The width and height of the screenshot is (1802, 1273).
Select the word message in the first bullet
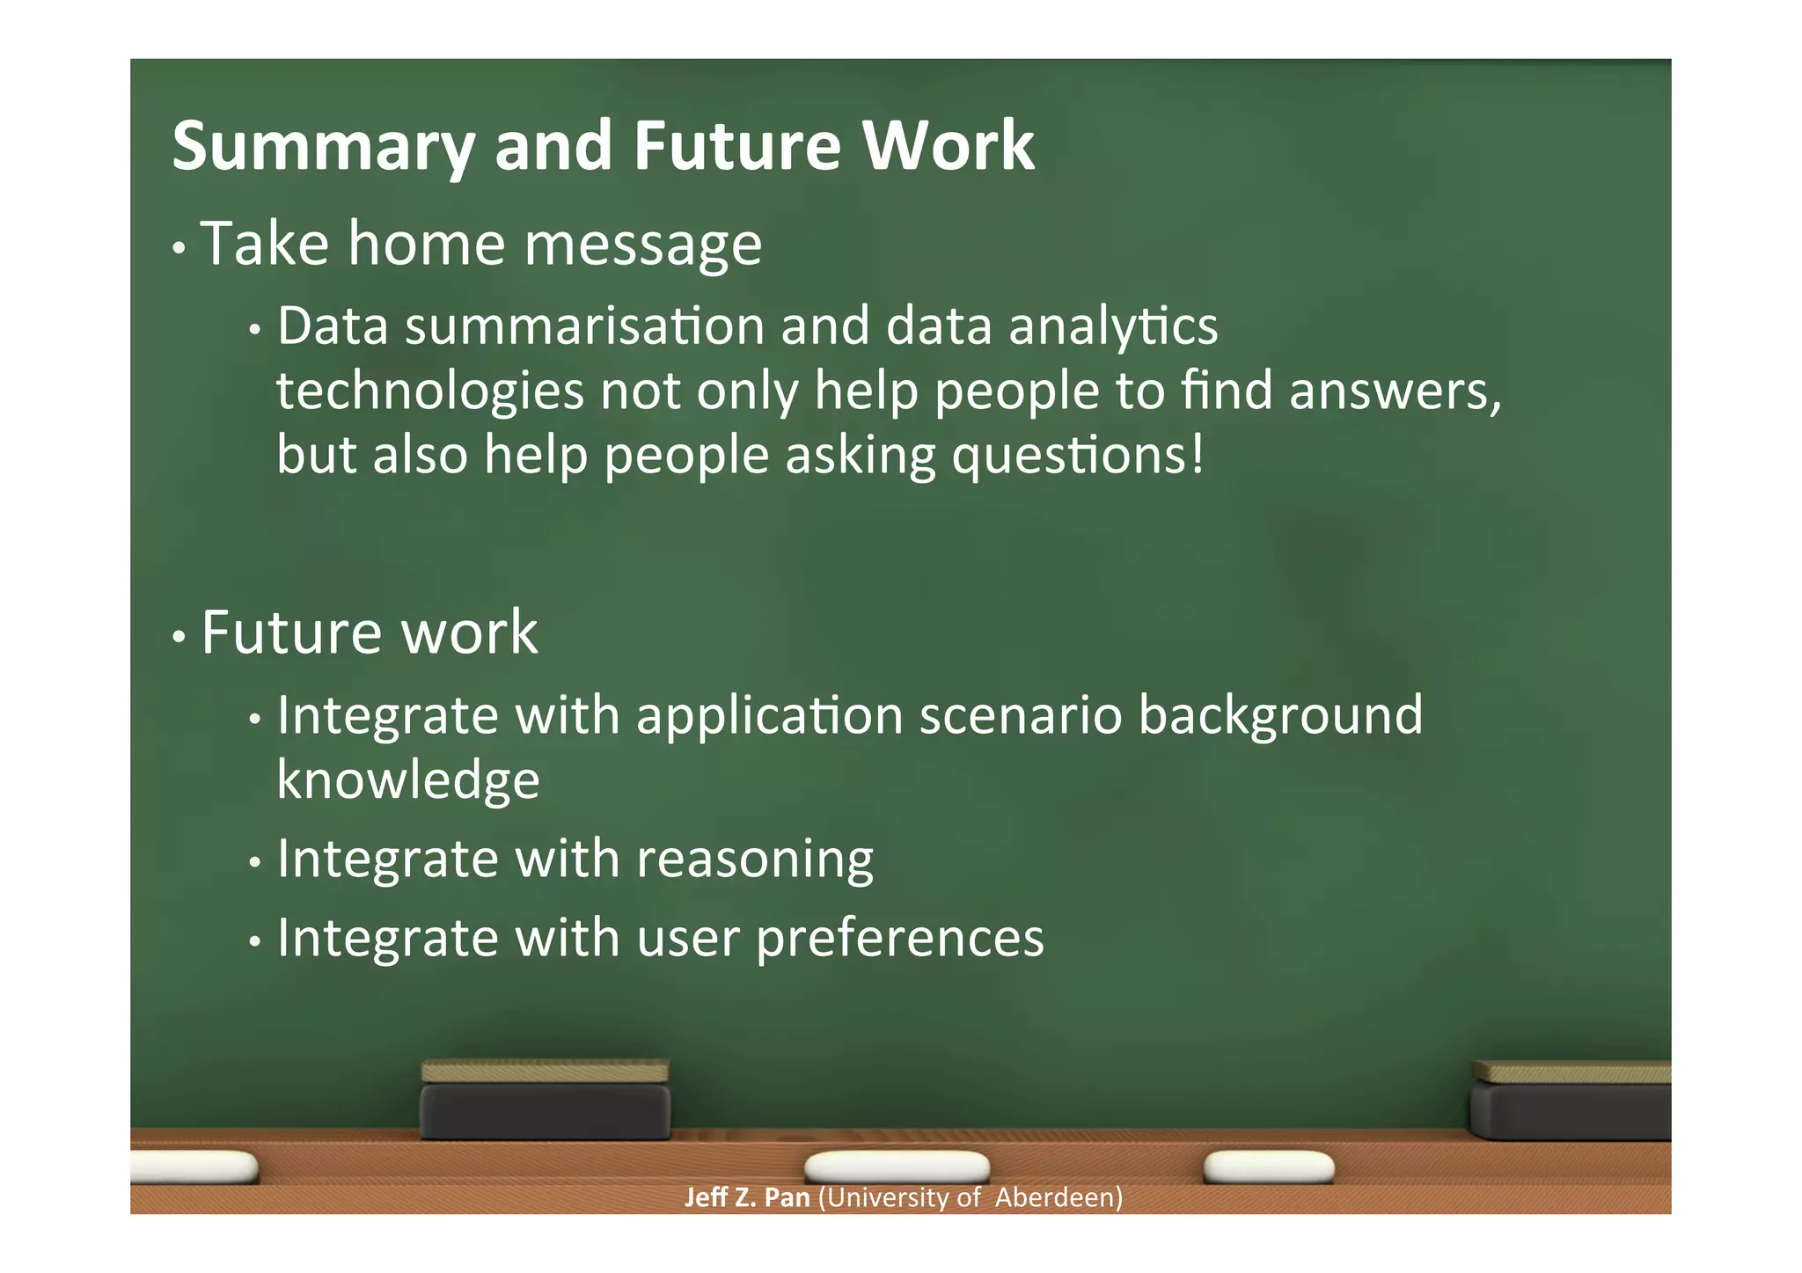pos(642,245)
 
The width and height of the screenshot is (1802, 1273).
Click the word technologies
pos(429,391)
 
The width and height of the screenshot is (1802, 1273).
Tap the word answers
pos(1395,391)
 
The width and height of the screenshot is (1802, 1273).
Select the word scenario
pos(1021,714)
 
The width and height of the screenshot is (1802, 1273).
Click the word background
pos(1280,716)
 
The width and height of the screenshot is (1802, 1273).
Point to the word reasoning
pos(754,860)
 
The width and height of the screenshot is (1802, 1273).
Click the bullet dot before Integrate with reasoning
pos(255,863)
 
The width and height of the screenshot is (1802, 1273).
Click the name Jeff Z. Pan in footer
pos(746,1197)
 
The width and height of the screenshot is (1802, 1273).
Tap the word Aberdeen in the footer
pos(1058,1197)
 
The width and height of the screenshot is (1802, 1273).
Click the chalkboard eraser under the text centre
pos(545,1101)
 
